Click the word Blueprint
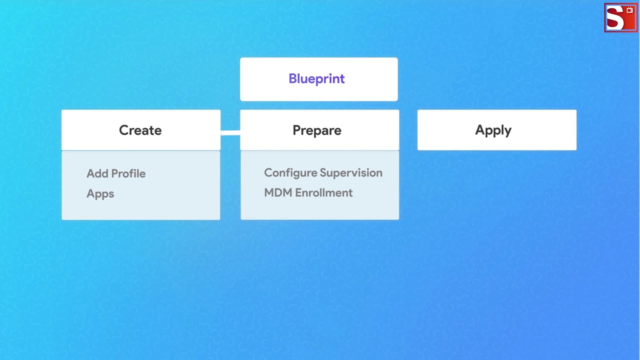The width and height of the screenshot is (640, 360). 316,79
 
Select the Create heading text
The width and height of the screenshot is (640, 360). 140,130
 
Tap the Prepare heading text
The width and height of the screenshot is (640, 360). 317,130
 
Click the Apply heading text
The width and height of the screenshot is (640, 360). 493,130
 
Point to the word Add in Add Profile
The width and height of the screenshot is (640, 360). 97,173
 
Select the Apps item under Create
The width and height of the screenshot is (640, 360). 100,194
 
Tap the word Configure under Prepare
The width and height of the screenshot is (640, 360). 287,173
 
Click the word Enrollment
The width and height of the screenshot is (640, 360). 323,193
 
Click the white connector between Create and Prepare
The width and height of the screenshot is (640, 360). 230,133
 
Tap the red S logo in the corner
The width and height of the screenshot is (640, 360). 615,19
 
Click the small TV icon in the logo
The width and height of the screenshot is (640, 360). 629,10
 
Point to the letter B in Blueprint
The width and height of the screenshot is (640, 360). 292,79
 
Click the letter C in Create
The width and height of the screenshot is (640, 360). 123,130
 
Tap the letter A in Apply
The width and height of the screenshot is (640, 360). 479,130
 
